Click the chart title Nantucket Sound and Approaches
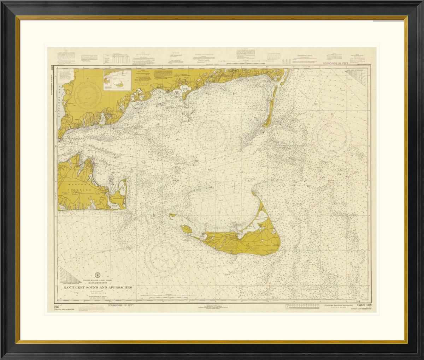point(97,287)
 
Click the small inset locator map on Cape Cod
point(117,79)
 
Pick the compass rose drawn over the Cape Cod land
point(87,93)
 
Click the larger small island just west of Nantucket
point(187,229)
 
